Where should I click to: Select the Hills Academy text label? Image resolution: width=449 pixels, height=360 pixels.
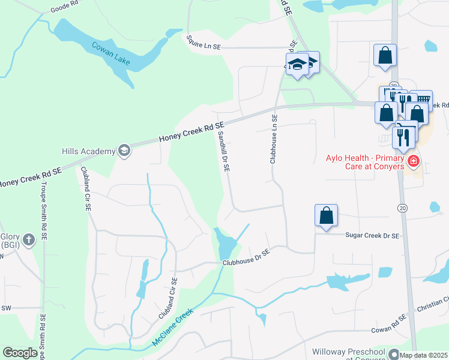pyautogui.click(x=88, y=151)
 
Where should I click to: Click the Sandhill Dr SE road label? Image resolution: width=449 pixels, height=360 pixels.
pyautogui.click(x=223, y=152)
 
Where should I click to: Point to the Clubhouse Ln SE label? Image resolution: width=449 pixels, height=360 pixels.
pyautogui.click(x=273, y=140)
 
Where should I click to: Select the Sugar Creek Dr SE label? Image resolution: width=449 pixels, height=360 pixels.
pyautogui.click(x=372, y=236)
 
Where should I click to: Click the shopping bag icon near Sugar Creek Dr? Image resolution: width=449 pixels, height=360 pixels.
pyautogui.click(x=326, y=215)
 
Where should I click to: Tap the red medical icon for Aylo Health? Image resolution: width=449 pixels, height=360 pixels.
pyautogui.click(x=413, y=161)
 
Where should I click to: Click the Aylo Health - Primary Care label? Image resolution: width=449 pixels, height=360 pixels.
pyautogui.click(x=364, y=162)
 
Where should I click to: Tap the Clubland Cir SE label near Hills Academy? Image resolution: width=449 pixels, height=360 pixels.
pyautogui.click(x=86, y=188)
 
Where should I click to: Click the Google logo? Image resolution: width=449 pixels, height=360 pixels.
pyautogui.click(x=20, y=353)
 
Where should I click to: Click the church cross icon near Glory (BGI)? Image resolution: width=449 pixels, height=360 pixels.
pyautogui.click(x=28, y=239)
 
